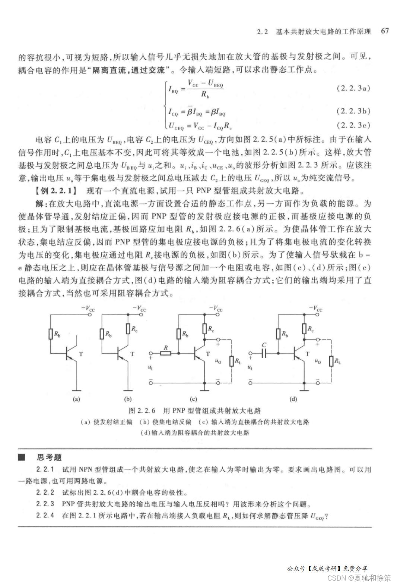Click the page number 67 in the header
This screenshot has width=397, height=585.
(x=385, y=31)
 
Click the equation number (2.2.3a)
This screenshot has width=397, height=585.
(x=353, y=88)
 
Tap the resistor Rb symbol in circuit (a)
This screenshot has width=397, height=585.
(x=51, y=334)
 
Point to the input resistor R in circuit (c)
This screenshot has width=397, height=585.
(x=165, y=353)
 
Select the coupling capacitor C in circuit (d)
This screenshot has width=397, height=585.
(x=264, y=353)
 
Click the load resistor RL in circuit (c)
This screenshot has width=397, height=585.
(x=232, y=361)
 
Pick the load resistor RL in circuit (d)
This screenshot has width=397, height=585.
(x=331, y=361)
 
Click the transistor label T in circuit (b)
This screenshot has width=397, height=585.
(x=132, y=354)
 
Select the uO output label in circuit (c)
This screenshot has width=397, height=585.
(x=218, y=361)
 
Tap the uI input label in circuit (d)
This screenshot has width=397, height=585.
(x=250, y=367)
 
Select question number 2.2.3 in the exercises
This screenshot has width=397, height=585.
(x=45, y=504)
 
